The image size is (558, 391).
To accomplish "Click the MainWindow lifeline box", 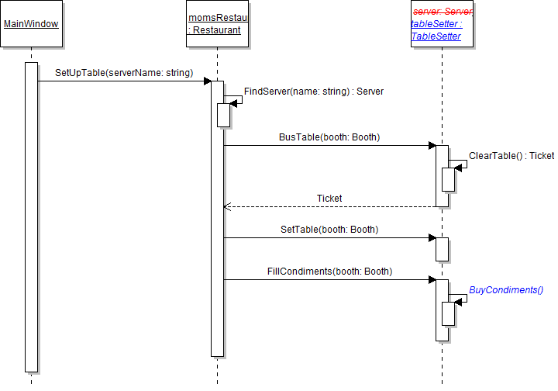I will [31, 24].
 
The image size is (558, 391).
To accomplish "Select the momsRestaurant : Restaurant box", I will [217, 24].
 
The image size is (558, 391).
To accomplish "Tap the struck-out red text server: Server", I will [443, 12].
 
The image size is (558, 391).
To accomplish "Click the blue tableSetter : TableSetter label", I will [436, 30].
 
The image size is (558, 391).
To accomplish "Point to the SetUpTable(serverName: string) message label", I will [124, 73].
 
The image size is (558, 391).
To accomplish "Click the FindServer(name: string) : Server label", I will [314, 92].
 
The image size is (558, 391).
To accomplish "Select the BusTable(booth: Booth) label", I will [329, 137].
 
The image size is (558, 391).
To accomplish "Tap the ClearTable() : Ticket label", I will [511, 156].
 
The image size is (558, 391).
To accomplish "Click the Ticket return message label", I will [329, 199].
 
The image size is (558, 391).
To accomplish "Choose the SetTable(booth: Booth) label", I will [329, 230].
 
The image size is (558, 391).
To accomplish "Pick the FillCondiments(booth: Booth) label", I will [329, 272].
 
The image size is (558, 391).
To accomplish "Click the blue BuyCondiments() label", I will [506, 290].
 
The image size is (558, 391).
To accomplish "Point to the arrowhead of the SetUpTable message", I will [207, 81].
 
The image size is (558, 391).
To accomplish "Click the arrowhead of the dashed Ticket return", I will [227, 207].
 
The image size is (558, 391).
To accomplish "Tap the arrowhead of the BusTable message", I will [432, 145].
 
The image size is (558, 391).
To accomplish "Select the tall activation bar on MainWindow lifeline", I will [31, 217].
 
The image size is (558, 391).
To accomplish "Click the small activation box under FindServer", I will [224, 115].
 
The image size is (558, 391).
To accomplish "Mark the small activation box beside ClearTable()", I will [448, 179].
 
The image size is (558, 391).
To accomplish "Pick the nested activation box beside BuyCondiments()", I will [448, 313].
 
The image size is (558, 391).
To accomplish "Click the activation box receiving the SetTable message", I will [442, 249].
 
